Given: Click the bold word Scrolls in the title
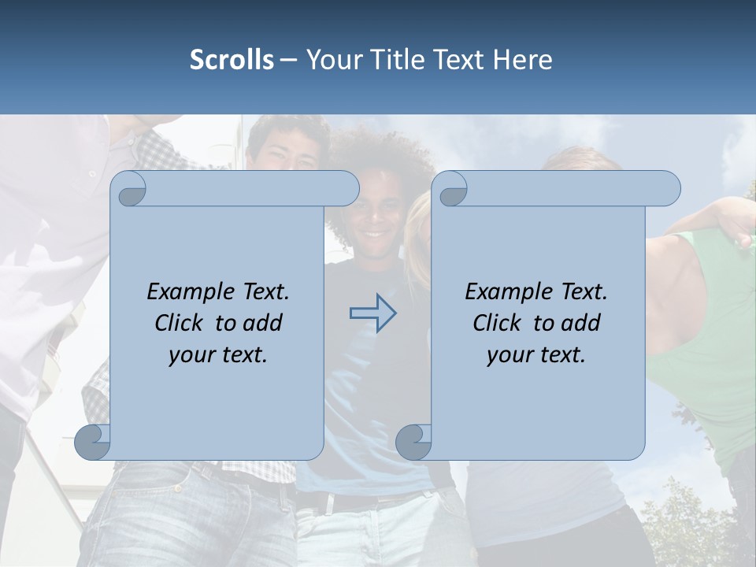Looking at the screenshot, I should click(232, 60).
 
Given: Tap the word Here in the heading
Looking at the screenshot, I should click(523, 60).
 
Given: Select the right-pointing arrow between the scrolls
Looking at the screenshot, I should click(372, 313).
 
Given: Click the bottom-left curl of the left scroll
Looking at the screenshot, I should click(93, 442).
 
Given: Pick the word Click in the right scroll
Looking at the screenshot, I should click(498, 323).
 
